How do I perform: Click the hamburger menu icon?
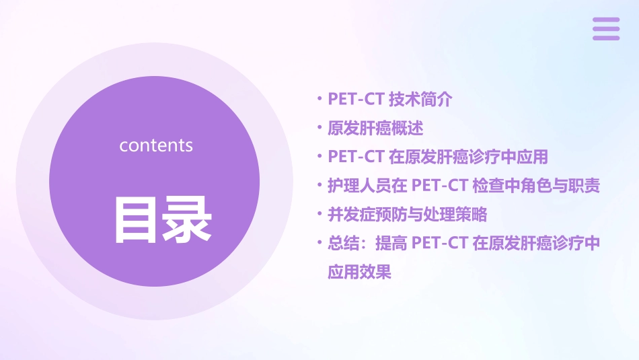click(x=606, y=29)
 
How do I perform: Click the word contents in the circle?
click(x=156, y=145)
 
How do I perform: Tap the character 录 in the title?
click(x=188, y=220)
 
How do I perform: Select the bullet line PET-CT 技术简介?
click(x=390, y=100)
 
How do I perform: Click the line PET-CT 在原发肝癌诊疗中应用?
click(x=438, y=157)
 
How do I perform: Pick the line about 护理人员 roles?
click(x=463, y=186)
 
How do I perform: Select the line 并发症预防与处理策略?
click(x=407, y=215)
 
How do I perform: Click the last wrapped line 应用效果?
click(x=359, y=273)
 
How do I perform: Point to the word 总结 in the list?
click(x=343, y=244)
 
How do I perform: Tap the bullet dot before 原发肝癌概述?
click(x=319, y=128)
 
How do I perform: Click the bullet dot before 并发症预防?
click(x=319, y=215)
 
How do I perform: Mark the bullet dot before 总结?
click(x=319, y=244)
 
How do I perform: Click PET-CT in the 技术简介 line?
click(x=356, y=100)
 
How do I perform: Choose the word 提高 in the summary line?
click(x=391, y=244)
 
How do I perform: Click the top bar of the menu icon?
click(x=606, y=20)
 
